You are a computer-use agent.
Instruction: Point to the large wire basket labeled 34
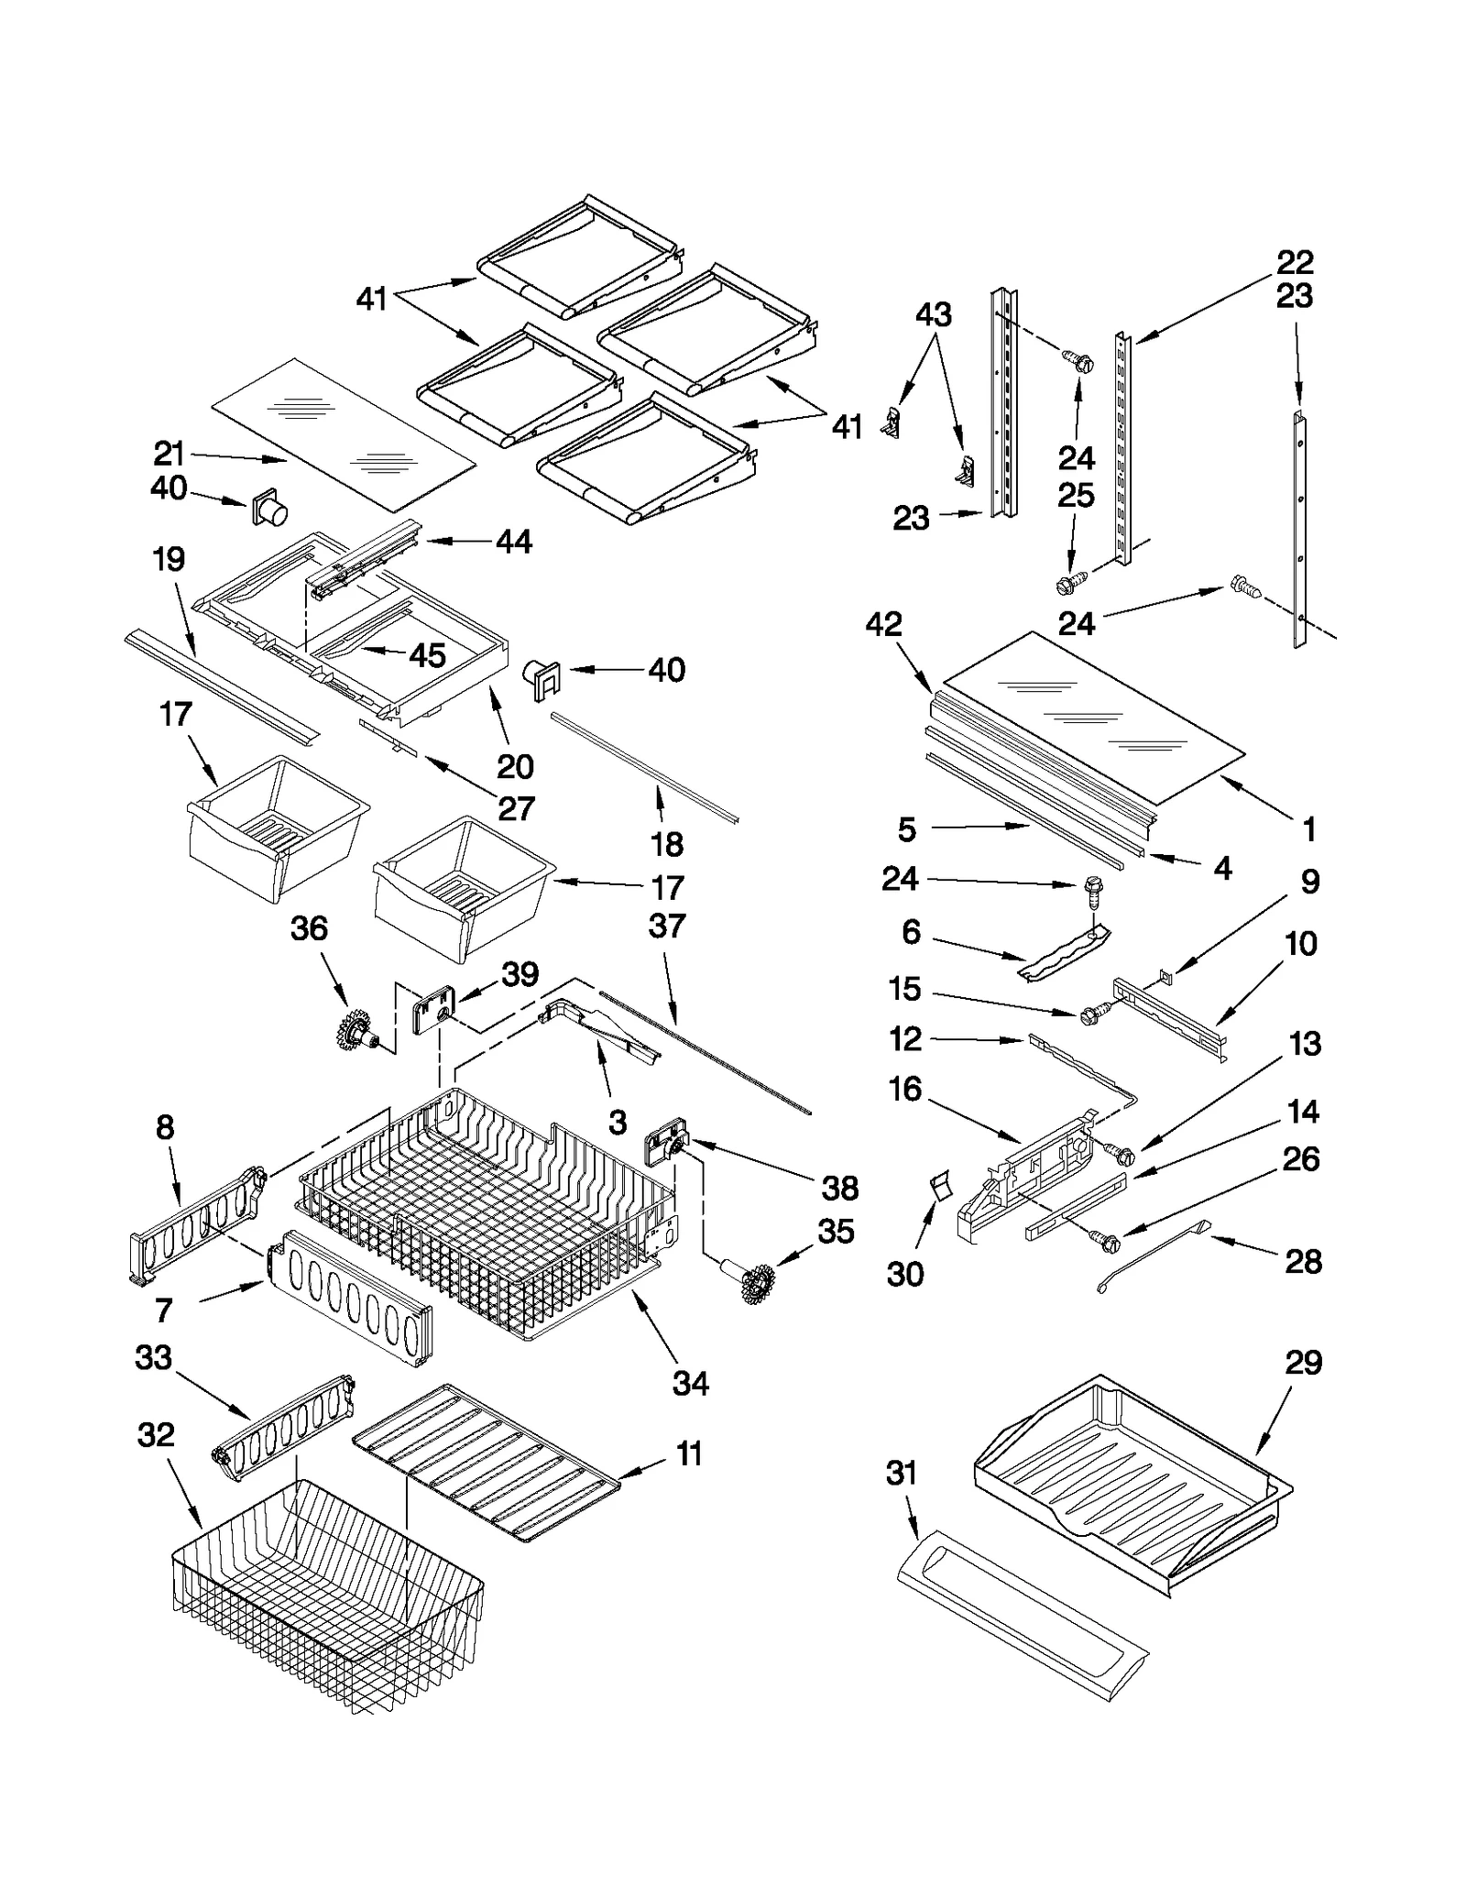point(486,1219)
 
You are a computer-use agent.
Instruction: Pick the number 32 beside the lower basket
point(155,1434)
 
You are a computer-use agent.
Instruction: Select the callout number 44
point(514,542)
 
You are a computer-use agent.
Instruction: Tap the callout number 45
point(427,655)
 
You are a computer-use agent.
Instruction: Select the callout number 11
point(689,1453)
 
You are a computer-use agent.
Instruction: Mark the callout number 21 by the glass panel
point(169,454)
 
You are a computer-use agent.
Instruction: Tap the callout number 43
point(934,314)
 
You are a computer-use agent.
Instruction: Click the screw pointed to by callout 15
point(1093,1014)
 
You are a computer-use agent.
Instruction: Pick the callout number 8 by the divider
point(165,1127)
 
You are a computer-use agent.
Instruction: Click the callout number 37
point(666,926)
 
